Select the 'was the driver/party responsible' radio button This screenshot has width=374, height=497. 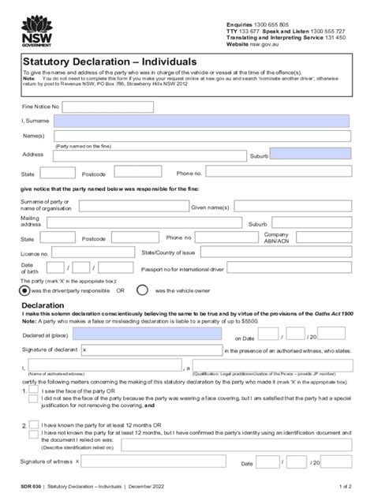point(26,290)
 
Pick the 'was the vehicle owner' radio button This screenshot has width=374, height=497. point(143,290)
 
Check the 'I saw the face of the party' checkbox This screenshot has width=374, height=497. point(32,390)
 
